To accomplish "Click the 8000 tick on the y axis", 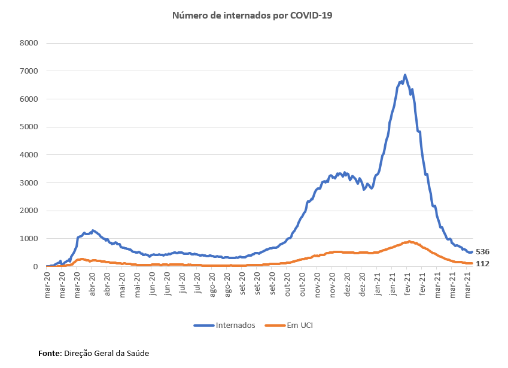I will pos(29,43).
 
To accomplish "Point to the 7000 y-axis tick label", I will pos(29,71).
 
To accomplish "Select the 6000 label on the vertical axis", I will pos(29,99).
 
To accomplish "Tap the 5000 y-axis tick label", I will pos(29,127).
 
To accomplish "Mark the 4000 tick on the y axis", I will pos(29,155).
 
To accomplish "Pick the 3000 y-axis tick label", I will pos(29,183).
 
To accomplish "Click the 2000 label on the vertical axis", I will pos(29,211).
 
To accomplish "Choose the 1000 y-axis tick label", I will pos(29,239).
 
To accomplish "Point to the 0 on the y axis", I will pos(36,267).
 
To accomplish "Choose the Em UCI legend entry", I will pos(300,326).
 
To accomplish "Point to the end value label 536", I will pos(483,252).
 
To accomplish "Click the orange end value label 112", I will pos(483,263).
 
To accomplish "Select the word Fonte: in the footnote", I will pos(50,353).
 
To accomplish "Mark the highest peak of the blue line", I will pos(405,75).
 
